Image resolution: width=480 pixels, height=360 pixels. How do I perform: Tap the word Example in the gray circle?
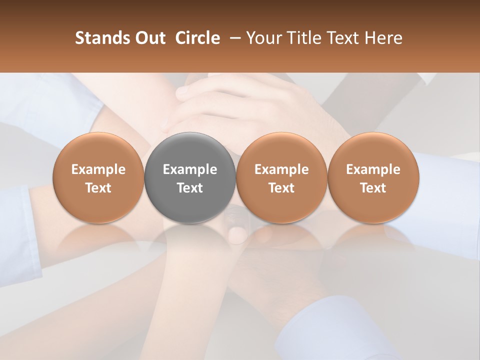click(190, 169)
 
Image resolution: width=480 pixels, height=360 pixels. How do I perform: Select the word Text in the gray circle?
click(190, 188)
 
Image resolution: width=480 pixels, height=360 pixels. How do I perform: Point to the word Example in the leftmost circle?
click(98, 169)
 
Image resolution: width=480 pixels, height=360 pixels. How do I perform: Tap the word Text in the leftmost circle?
click(98, 188)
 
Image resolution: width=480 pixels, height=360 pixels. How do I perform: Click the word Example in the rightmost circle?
click(373, 169)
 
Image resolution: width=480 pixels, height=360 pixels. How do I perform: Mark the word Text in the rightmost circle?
click(373, 188)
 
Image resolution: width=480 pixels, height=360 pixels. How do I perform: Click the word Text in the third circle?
click(281, 188)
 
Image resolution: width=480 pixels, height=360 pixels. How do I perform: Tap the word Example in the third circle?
click(281, 169)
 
